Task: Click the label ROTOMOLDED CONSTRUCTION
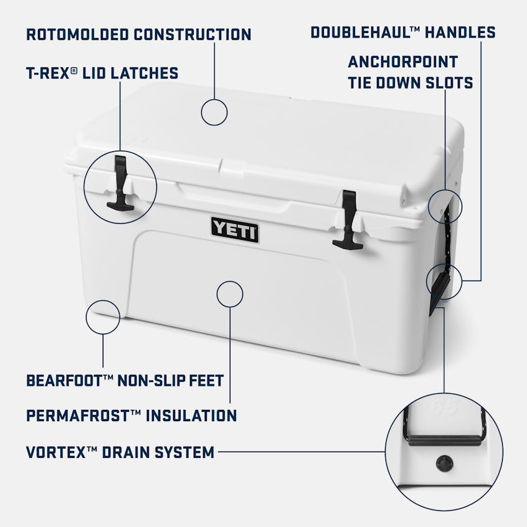tap(138, 34)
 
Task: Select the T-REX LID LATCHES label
tap(102, 73)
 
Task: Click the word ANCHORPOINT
tap(403, 62)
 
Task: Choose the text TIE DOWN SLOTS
tap(411, 83)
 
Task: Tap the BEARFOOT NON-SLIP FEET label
tap(125, 379)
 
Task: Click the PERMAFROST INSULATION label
tap(131, 415)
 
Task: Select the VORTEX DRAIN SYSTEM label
tap(120, 452)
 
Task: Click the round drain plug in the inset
tap(445, 463)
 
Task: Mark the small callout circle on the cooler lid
tap(214, 113)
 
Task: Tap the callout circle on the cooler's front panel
tap(230, 293)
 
